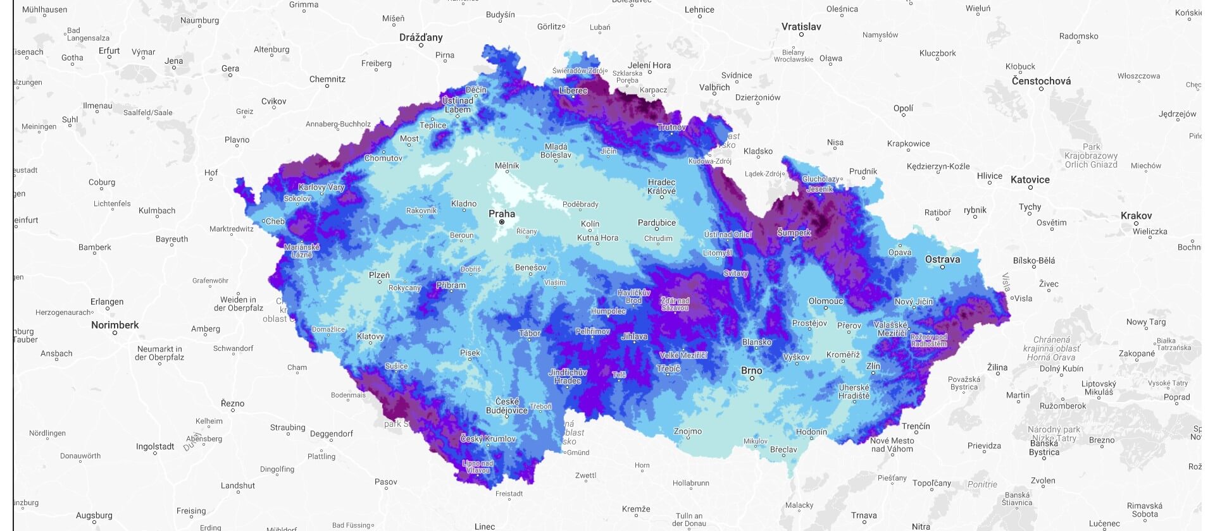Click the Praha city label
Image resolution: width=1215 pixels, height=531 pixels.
[502, 214]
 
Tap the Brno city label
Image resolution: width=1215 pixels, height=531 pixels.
[752, 370]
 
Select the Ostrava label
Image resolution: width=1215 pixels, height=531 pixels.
[942, 259]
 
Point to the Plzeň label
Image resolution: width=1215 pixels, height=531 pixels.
[379, 275]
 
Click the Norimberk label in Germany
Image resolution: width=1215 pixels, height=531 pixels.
[115, 325]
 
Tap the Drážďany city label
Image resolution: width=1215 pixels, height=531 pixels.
[421, 37]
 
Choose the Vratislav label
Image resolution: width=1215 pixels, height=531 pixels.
[801, 27]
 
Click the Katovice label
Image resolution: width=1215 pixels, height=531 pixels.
[1030, 180]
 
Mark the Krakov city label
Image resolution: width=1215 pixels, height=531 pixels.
[1136, 216]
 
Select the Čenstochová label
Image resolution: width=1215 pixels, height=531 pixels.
[1041, 81]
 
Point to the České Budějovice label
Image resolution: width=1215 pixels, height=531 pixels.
[506, 406]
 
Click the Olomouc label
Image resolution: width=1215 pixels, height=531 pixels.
[825, 301]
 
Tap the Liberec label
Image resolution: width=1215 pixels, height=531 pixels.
[573, 90]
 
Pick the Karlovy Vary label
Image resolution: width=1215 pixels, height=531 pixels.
[321, 187]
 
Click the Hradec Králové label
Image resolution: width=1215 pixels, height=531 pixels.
[661, 186]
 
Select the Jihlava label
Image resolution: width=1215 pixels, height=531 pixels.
[634, 336]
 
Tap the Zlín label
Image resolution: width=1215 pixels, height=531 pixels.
[873, 365]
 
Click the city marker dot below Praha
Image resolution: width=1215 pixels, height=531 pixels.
[502, 222]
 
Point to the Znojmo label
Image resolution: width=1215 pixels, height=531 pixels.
[687, 431]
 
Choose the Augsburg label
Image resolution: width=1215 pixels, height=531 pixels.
[94, 515]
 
